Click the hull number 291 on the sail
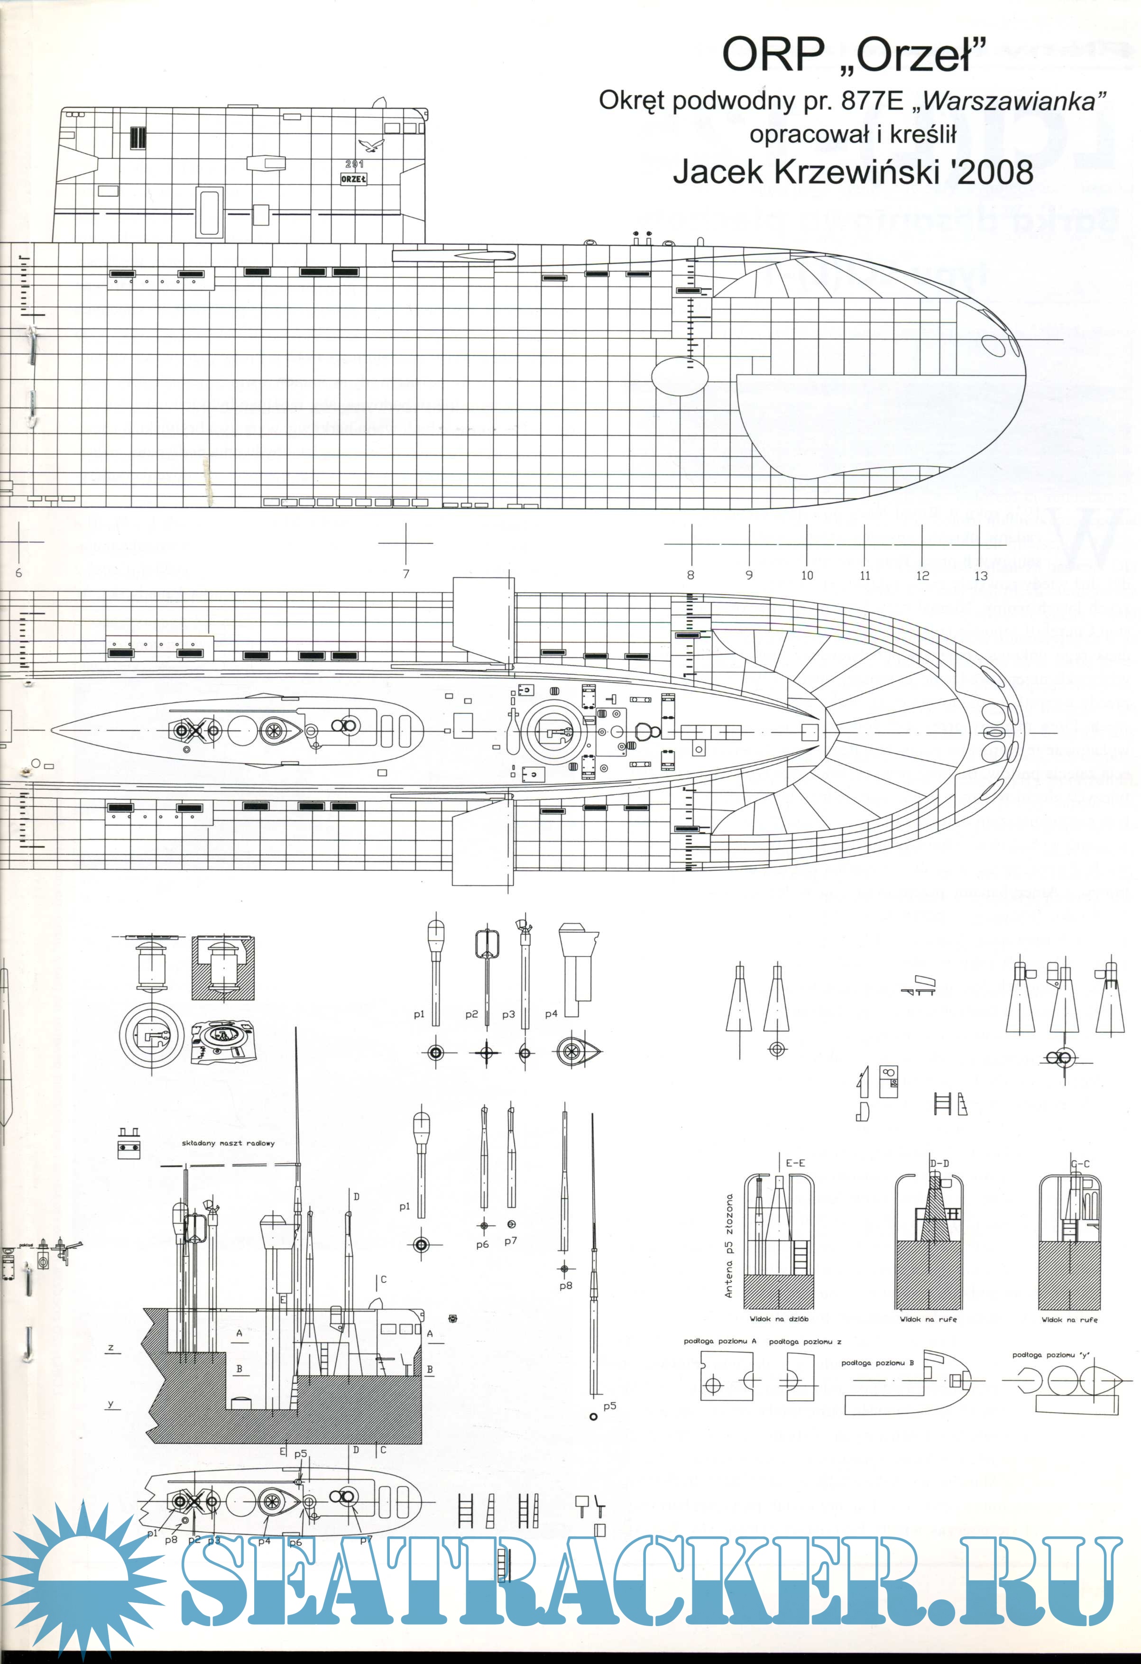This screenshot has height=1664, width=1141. [x=354, y=165]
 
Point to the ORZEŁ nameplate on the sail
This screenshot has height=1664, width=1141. [x=354, y=179]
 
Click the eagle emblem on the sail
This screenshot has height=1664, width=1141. [x=372, y=146]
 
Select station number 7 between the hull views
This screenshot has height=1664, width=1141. [x=406, y=573]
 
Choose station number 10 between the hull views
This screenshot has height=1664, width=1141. [x=807, y=575]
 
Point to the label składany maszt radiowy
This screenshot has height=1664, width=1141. [x=228, y=1143]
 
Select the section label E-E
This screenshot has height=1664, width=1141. [x=795, y=1164]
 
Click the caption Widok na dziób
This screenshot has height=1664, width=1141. [x=779, y=1319]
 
